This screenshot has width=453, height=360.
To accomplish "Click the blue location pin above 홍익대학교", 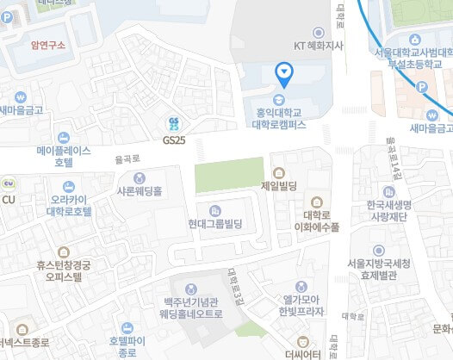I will [x=283, y=74].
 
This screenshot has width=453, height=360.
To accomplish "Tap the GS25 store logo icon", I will [x=175, y=124].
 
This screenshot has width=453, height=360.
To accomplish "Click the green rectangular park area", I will [x=227, y=176].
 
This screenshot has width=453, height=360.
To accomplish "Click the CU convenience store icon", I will [x=9, y=183].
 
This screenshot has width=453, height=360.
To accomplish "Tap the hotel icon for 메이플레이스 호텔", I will [x=62, y=137].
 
